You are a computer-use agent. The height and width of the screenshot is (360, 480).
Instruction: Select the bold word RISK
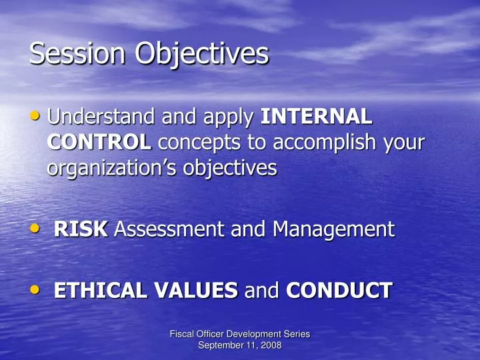coord(81,230)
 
